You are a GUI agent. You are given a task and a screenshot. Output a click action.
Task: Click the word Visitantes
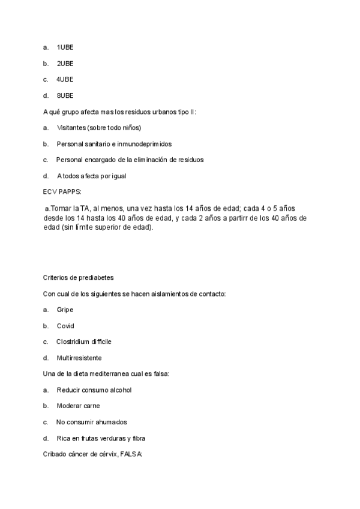71,128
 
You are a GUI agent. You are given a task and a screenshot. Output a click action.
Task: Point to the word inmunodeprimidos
143,144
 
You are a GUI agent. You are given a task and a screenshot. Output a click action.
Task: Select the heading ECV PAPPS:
62,192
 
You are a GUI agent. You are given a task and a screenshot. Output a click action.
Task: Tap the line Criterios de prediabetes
79,277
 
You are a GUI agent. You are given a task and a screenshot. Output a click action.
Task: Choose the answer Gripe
65,310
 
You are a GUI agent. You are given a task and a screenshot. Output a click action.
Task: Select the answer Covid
65,326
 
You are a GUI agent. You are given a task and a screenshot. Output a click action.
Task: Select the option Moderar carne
78,406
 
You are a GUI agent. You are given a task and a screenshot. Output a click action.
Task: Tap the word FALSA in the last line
131,454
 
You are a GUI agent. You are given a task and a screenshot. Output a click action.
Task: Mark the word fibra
138,438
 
